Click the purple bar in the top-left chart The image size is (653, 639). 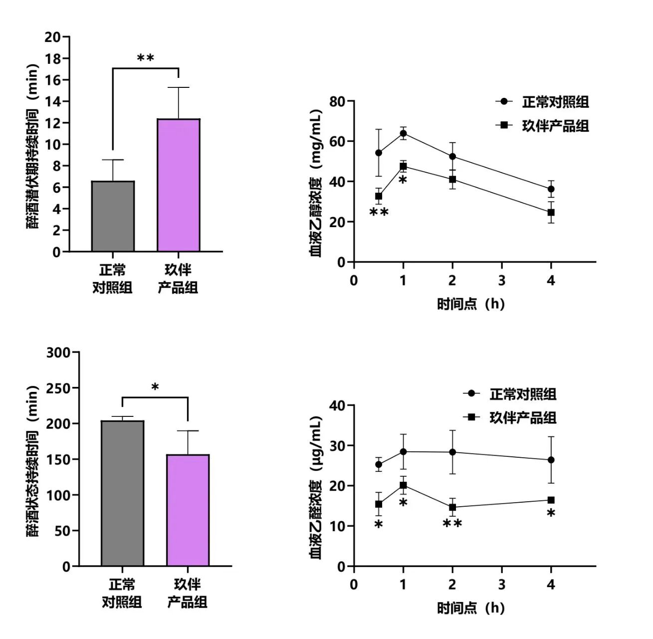coord(178,185)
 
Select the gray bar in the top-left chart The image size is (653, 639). coord(113,216)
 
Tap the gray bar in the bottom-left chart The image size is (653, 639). coord(122,493)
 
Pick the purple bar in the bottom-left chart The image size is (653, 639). coord(188,510)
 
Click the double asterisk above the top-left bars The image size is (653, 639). coord(145,58)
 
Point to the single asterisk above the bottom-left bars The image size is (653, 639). coord(155,387)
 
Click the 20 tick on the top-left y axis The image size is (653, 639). coord(52,37)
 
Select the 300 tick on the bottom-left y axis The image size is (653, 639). coord(59,352)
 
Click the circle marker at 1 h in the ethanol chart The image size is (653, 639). coord(403,133)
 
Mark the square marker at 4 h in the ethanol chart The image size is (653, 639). coord(551,212)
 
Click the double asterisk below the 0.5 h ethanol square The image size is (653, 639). coord(379,213)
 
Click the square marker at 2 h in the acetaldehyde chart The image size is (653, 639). coord(452,507)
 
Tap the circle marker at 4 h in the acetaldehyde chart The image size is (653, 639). coord(551,460)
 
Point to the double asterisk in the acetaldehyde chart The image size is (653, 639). coord(452,524)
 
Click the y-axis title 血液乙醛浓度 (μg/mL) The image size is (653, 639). coord(316,487)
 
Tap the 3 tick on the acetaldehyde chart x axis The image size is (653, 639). coord(501,585)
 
